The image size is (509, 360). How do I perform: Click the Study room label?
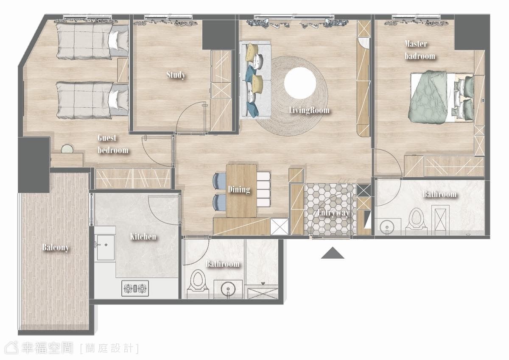[176, 75]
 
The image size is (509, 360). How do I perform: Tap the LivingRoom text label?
[309, 110]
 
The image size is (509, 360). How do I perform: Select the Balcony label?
[56, 247]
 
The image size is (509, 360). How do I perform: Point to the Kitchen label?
[143, 237]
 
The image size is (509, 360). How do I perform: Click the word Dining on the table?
[239, 190]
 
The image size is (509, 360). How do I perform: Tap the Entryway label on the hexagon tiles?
[333, 213]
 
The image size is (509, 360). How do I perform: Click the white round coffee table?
[300, 84]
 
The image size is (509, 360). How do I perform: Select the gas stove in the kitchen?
[135, 288]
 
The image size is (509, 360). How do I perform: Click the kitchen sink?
[105, 247]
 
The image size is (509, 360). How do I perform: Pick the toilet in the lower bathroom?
[198, 284]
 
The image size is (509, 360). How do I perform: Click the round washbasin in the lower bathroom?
[228, 290]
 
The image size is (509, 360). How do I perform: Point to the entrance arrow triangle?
[333, 253]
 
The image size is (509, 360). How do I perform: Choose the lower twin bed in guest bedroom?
[92, 100]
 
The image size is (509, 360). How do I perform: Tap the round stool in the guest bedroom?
[67, 149]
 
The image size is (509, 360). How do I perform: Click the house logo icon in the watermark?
[11, 348]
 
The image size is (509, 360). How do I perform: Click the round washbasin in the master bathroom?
[386, 227]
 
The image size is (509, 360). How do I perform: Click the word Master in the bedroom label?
[416, 44]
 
